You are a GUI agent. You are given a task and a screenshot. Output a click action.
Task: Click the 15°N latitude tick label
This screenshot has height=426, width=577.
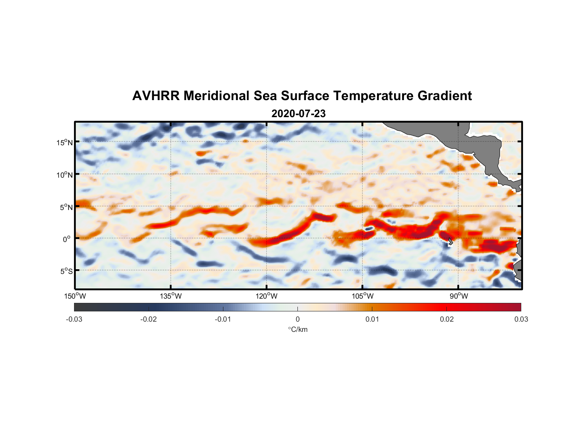click(x=65, y=142)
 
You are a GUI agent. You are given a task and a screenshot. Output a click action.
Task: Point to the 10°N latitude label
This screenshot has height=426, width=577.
click(x=65, y=175)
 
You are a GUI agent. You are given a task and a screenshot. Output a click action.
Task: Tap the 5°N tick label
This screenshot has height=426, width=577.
click(x=66, y=207)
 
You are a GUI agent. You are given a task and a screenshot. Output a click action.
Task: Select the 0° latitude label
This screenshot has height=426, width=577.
click(x=67, y=239)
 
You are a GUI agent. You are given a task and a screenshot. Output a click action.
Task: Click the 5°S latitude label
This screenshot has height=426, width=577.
click(x=66, y=271)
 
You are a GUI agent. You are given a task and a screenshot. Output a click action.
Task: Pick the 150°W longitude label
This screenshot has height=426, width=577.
click(x=75, y=296)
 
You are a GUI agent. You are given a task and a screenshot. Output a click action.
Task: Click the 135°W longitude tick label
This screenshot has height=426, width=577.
click(x=171, y=296)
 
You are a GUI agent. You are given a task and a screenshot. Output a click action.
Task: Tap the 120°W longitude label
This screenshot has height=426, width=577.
click(x=266, y=296)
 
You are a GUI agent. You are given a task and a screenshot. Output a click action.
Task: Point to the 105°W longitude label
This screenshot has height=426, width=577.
click(x=363, y=296)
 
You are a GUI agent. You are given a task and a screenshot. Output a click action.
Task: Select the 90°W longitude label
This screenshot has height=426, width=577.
click(x=458, y=296)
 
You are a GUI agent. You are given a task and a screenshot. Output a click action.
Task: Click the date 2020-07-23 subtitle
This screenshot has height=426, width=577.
click(x=298, y=114)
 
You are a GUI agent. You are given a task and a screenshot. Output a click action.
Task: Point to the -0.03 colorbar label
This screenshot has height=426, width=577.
click(x=74, y=319)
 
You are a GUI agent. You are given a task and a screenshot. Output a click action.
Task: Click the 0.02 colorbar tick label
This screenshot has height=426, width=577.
click(x=446, y=319)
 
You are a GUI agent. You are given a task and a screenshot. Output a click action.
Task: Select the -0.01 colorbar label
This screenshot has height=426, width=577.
click(x=223, y=319)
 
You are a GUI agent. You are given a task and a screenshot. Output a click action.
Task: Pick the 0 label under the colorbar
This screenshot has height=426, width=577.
click(x=297, y=319)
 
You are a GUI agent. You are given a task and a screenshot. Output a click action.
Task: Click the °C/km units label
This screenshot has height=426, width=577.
click(x=297, y=329)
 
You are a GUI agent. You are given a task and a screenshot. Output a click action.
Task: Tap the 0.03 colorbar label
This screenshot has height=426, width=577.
click(x=521, y=319)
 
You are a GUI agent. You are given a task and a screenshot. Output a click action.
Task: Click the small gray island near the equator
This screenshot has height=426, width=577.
click(x=450, y=242)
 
